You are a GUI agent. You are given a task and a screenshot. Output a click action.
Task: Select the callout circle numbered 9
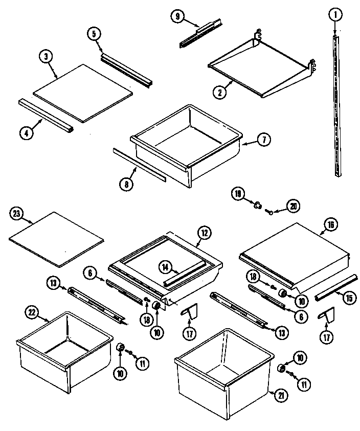177,16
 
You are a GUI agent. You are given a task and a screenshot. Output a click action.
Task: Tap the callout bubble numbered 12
204,234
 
